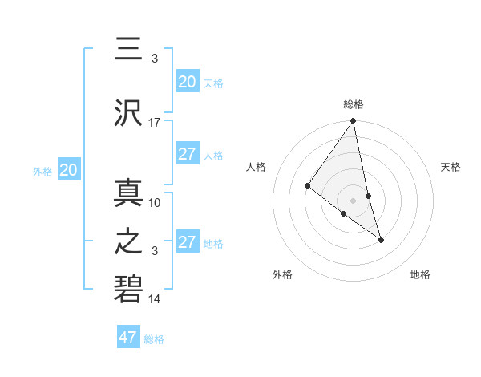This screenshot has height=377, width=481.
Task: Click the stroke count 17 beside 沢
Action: click(155, 122)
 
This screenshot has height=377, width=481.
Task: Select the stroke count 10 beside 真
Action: click(155, 202)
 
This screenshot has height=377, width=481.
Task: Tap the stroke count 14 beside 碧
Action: click(155, 299)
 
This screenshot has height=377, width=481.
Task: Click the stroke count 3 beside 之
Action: click(155, 251)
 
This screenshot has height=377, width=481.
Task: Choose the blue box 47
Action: click(128, 338)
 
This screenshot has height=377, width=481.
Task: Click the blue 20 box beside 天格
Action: click(187, 82)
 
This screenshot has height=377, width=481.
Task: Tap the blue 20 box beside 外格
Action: click(69, 170)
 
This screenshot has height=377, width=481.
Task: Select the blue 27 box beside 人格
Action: click(187, 154)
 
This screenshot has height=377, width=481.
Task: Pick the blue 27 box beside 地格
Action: click(187, 242)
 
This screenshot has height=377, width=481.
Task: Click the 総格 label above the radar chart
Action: click(354, 104)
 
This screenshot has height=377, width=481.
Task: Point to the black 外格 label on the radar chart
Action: click(282, 275)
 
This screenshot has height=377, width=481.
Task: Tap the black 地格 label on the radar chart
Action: click(420, 275)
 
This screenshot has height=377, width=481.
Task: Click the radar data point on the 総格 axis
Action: click(354, 121)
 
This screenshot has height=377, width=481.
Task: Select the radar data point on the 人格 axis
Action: click(307, 186)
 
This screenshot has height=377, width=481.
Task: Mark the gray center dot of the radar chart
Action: click(354, 200)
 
